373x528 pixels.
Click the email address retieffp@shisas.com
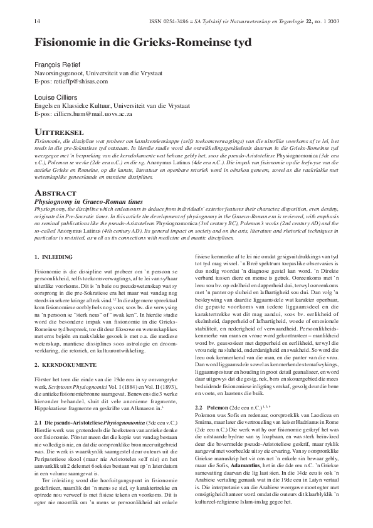(80, 82)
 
